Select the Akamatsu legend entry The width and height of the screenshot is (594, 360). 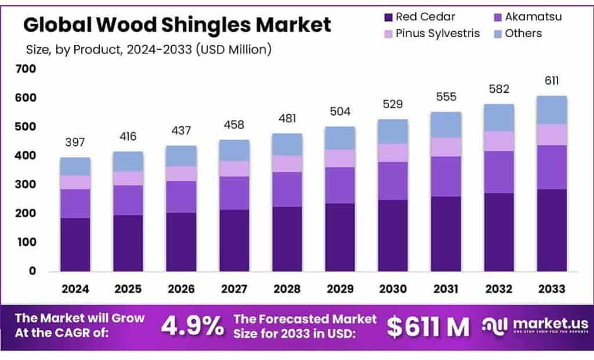531,17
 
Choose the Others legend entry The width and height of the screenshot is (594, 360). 523,34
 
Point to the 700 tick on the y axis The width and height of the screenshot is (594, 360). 26,69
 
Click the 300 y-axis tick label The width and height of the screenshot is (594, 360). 26,184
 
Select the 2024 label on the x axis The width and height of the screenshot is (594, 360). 75,288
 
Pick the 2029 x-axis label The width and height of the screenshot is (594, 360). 339,288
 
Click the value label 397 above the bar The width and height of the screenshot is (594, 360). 75,143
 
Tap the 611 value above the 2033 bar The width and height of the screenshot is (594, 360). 551,81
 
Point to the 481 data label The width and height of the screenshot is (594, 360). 287,119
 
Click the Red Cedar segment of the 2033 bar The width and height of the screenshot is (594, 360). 551,230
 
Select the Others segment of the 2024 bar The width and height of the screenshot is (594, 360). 75,166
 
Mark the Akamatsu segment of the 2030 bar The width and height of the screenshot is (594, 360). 393,181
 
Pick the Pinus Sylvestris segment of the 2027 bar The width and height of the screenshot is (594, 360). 234,169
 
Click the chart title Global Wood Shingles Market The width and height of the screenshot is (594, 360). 177,25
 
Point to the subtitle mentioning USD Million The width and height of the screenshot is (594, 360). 148,50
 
